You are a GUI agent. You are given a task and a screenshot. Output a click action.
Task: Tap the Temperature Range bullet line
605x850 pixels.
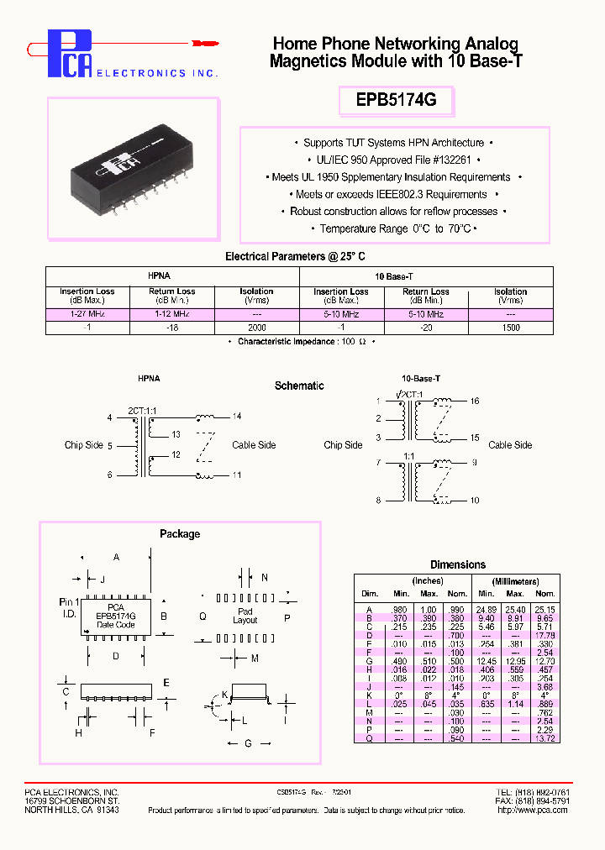396,228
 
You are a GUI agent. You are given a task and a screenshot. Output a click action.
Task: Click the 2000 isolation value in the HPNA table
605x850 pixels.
256,327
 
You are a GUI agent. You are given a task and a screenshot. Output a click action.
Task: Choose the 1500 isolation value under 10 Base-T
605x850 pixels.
510,327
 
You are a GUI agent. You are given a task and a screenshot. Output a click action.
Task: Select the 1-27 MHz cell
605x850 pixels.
87,313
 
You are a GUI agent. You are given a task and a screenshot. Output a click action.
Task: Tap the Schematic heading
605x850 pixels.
299,386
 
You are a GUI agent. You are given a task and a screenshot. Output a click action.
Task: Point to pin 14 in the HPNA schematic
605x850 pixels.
237,417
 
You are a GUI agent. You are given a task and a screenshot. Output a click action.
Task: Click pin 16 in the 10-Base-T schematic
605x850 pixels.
475,401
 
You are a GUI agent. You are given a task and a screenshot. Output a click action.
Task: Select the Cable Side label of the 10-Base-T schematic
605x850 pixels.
510,445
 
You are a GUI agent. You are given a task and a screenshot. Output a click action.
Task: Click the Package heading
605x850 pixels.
180,533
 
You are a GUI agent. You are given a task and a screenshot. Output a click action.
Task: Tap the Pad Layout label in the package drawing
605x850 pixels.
245,616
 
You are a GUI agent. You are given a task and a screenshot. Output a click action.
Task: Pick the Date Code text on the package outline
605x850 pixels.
116,624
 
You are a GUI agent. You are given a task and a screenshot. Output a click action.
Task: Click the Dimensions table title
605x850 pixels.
458,564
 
